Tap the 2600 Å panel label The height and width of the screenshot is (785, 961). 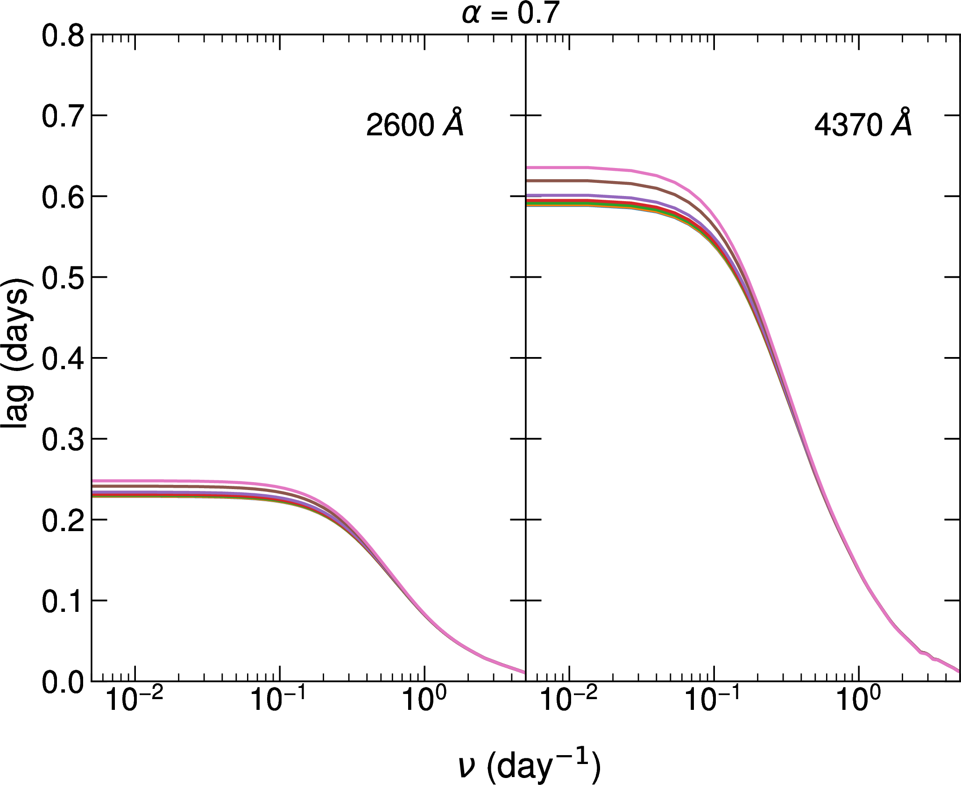(415, 124)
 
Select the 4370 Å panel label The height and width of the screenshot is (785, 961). (863, 124)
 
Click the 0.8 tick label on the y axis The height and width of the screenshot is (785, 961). (63, 36)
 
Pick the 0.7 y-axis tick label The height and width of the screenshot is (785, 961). (63, 117)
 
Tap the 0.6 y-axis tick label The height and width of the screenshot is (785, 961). (63, 197)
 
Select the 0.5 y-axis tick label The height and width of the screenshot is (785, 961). (63, 279)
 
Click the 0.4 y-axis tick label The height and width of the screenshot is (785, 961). (63, 359)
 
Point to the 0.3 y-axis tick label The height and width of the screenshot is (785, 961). (63, 440)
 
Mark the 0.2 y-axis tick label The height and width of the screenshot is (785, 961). (63, 521)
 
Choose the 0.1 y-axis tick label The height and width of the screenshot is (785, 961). (63, 602)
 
